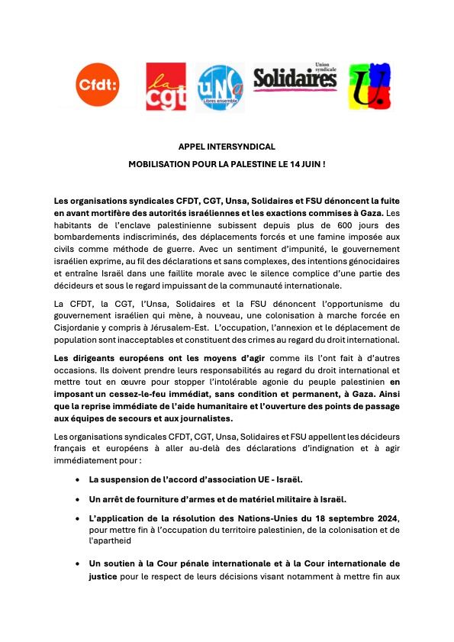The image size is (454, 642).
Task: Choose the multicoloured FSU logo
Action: click(x=366, y=86)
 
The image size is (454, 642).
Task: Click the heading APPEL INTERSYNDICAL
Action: click(x=227, y=146)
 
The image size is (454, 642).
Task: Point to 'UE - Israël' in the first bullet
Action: click(x=275, y=479)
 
